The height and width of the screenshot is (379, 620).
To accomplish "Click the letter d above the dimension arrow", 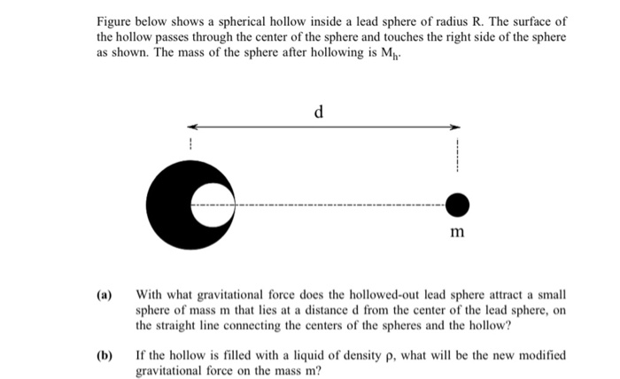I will pos(319,112).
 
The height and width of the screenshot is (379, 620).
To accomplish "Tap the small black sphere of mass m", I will pos(457,206).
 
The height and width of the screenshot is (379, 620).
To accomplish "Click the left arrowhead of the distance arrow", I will pos(190,127).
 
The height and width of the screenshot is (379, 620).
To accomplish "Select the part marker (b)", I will pos(105,355).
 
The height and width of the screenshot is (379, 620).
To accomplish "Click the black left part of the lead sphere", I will pos(168,206).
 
